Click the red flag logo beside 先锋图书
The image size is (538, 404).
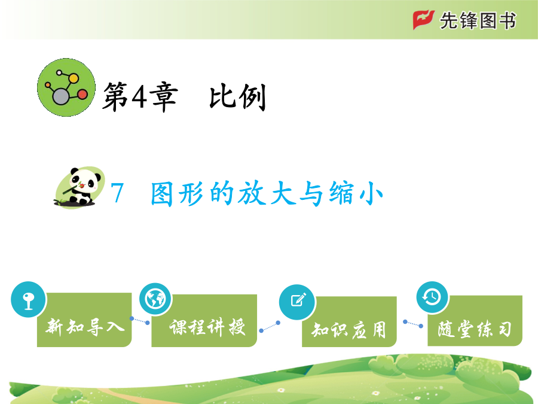[423, 20]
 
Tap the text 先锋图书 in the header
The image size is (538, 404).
[478, 20]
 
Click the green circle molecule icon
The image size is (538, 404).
[66, 87]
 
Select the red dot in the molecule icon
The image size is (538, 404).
[82, 94]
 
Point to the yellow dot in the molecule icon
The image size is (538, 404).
[74, 78]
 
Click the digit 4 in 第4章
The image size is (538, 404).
[139, 97]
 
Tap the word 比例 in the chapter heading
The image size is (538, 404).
[238, 97]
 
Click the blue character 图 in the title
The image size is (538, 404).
[161, 194]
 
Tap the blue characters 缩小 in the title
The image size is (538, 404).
[356, 193]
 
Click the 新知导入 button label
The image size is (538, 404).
[85, 326]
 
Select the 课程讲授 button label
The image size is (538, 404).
[207, 327]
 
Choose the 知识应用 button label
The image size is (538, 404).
[349, 330]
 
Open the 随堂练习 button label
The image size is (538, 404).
[475, 329]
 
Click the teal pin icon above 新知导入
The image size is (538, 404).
[28, 299]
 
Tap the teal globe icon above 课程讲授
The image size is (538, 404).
[155, 299]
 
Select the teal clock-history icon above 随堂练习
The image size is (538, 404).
[432, 297]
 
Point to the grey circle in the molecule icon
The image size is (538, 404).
[61, 96]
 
